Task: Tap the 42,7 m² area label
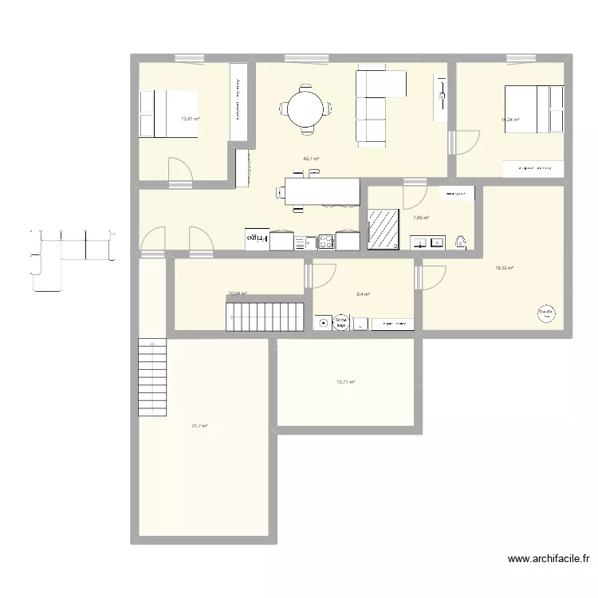tap(311, 159)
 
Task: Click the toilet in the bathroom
tap(461, 241)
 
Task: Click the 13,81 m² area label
tap(190, 120)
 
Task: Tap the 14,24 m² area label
tap(509, 120)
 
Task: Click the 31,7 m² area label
tap(199, 426)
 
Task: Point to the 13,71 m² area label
tap(345, 382)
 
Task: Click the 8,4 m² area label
tap(363, 294)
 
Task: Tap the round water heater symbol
tap(546, 313)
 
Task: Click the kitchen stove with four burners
tap(326, 240)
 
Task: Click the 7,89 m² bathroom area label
tap(421, 218)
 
